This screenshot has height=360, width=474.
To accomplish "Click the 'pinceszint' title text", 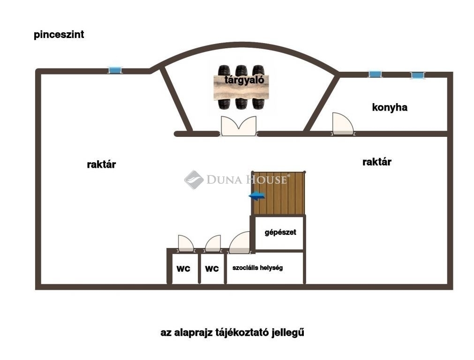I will [x=59, y=35].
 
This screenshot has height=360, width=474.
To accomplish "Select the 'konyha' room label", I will [x=390, y=107].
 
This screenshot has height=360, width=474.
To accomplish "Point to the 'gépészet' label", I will [x=280, y=232].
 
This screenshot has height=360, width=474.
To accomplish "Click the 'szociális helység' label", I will [x=257, y=268].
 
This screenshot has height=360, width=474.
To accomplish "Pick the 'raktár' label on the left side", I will [x=101, y=165].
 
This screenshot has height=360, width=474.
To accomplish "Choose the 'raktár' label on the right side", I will [x=377, y=162].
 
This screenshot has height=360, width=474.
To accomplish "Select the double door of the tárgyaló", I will [x=239, y=126].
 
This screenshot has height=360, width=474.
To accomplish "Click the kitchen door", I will [x=342, y=124].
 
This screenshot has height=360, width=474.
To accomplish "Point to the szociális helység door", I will [x=240, y=243].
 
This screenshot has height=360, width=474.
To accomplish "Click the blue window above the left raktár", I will [x=114, y=70].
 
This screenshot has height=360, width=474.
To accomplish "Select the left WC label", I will [x=183, y=269].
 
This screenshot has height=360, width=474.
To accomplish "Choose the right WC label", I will [x=212, y=269].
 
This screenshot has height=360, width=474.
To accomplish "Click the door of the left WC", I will [x=185, y=244].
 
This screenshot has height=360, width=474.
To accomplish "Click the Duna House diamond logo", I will [x=194, y=180].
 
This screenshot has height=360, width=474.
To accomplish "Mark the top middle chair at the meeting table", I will [x=241, y=70].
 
